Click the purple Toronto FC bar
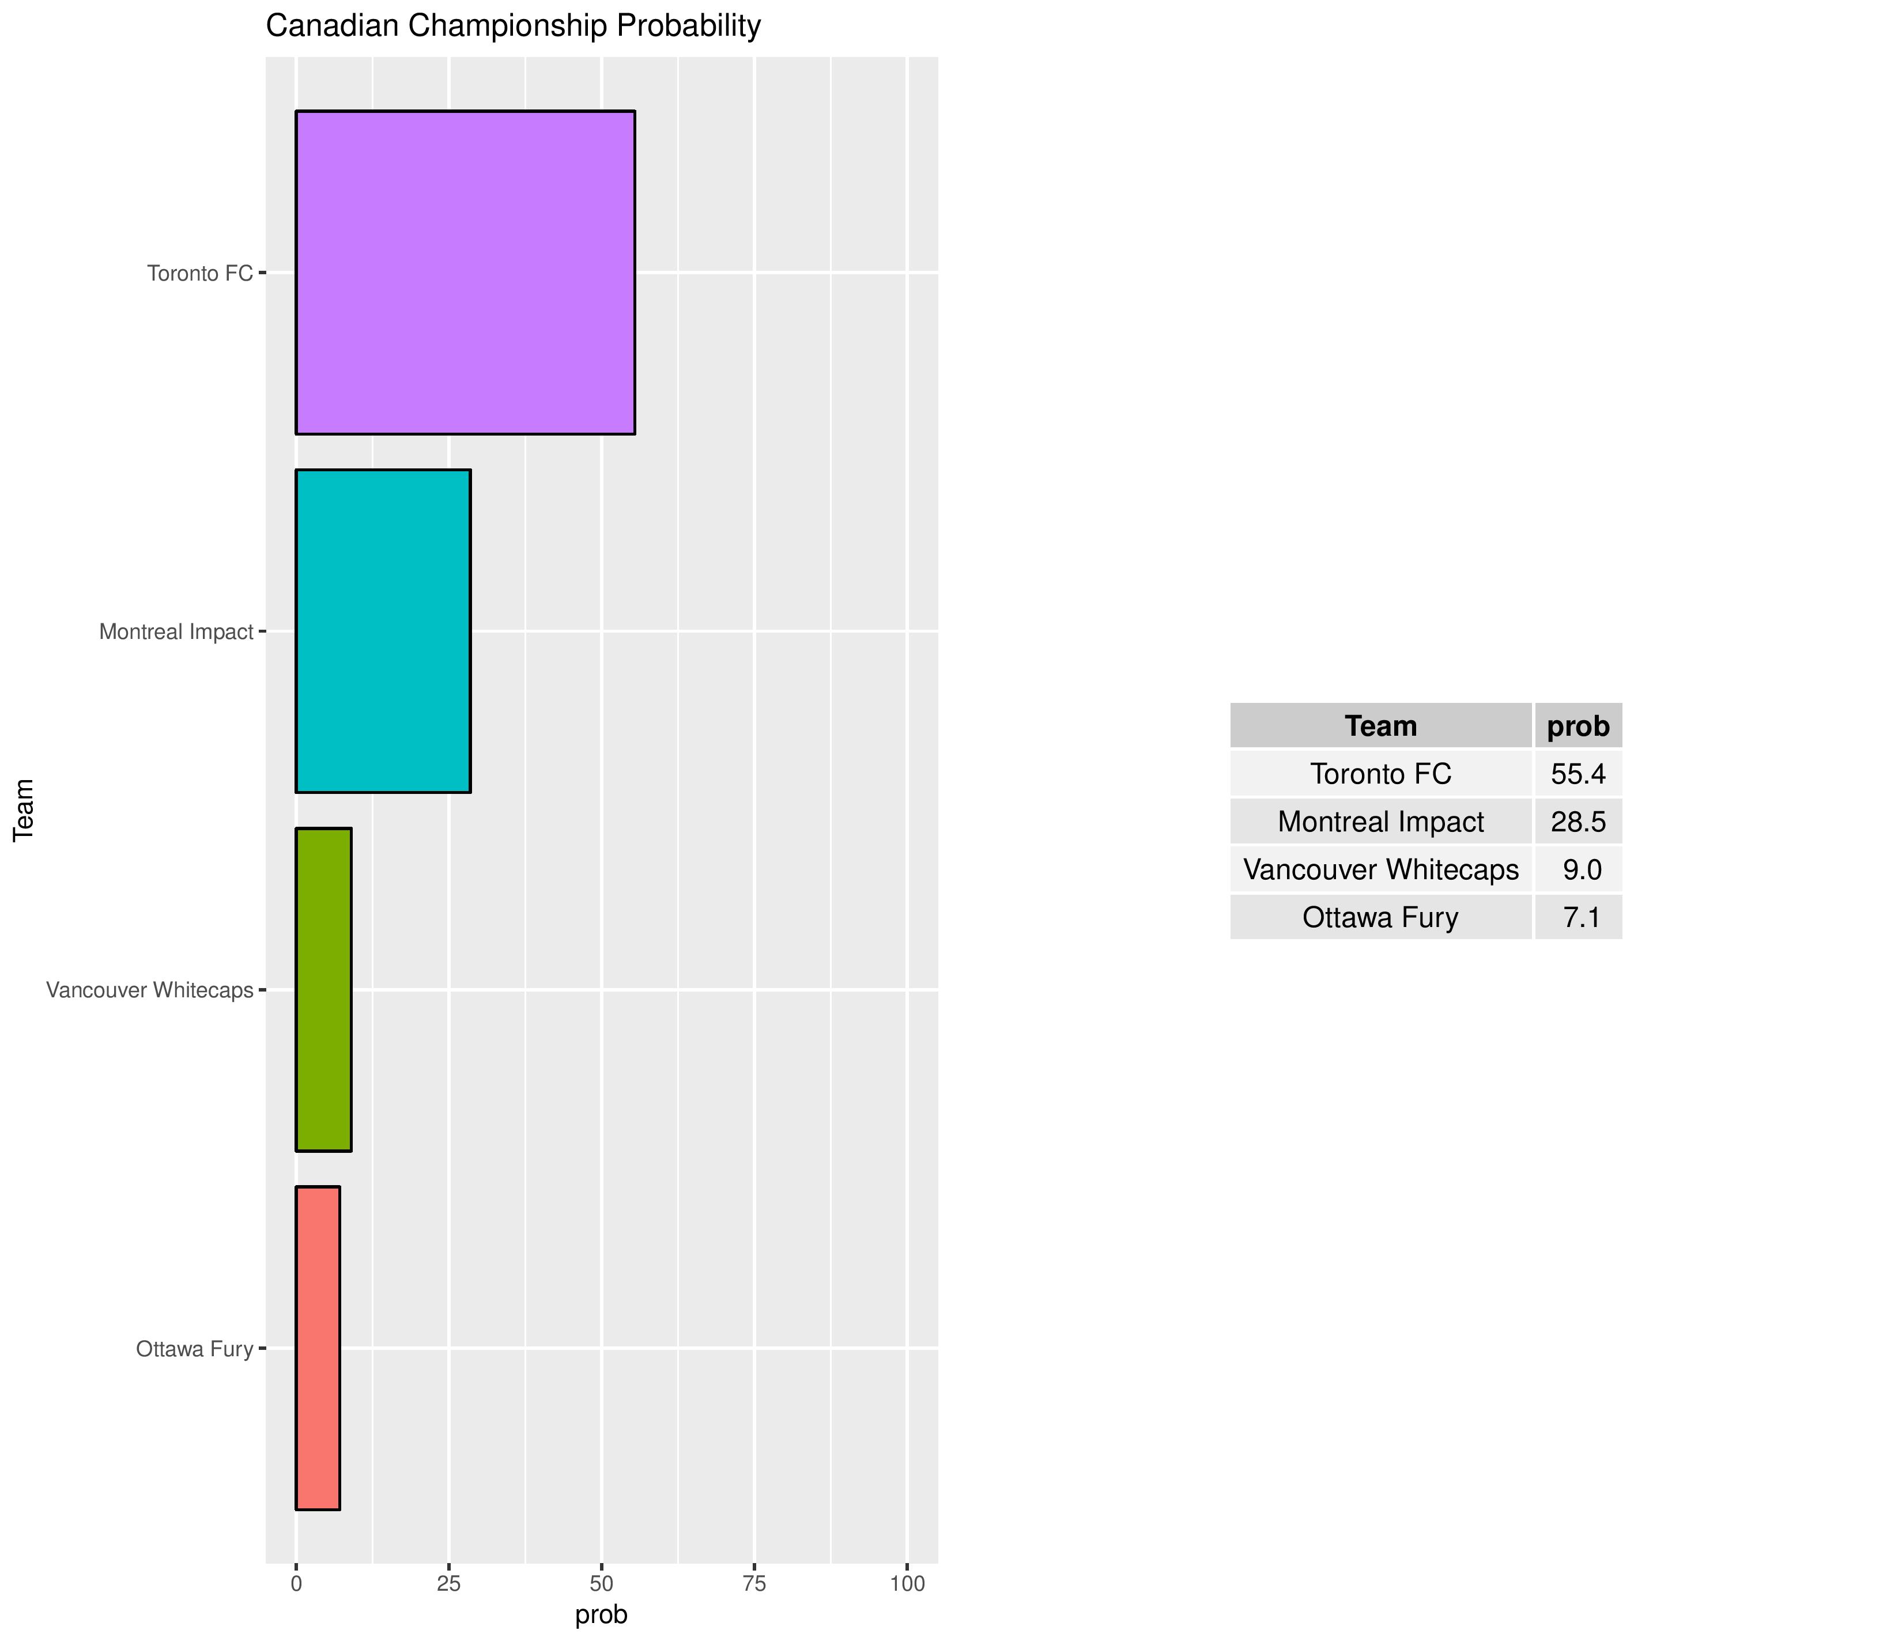(x=465, y=273)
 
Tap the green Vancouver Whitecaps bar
(x=323, y=989)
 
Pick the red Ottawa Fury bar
(x=318, y=1348)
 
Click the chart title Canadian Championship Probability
(x=513, y=26)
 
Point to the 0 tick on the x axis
(x=296, y=1584)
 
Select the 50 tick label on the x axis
(x=601, y=1584)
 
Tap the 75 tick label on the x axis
(x=754, y=1584)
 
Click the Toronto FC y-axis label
(x=200, y=274)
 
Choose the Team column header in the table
(x=1380, y=726)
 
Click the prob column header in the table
(x=1578, y=726)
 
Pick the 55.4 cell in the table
(x=1578, y=774)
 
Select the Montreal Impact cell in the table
(x=1380, y=822)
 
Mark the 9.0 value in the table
(x=1582, y=869)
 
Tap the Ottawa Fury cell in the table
(x=1380, y=917)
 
